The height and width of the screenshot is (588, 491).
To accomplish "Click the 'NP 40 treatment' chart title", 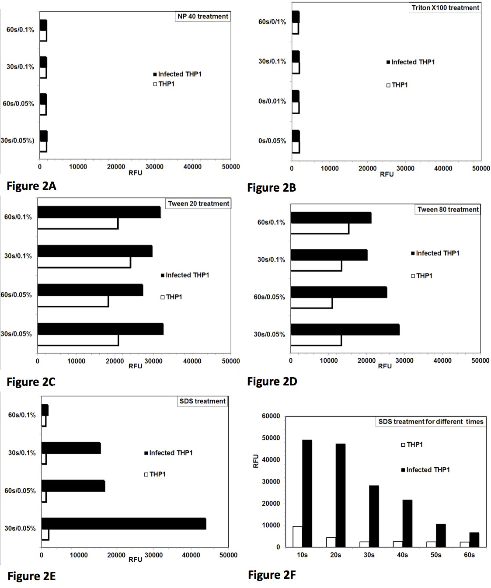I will (x=203, y=17).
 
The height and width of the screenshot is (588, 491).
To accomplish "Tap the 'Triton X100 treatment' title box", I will (x=445, y=8).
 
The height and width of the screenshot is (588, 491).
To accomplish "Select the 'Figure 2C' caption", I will (x=31, y=382).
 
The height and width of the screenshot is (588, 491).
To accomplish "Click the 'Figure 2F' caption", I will (x=272, y=575).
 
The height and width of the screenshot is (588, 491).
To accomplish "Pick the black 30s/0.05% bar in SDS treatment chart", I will (x=124, y=524).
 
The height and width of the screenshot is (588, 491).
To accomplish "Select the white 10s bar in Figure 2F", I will (x=297, y=536).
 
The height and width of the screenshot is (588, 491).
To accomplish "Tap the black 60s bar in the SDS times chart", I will (x=474, y=539).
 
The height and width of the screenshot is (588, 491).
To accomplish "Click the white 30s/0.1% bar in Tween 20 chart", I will (x=84, y=262).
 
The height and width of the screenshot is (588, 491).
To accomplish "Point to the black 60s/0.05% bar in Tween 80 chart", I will (x=339, y=292).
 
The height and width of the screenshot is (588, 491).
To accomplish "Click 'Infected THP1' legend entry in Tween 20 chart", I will (x=185, y=275).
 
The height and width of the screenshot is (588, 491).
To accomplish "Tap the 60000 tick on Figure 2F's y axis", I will (x=271, y=416).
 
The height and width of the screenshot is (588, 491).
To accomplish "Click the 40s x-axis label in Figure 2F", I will (x=402, y=555).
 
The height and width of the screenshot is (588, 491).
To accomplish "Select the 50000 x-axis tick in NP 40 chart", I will (x=231, y=167).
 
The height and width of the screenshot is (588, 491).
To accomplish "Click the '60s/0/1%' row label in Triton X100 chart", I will (x=272, y=22).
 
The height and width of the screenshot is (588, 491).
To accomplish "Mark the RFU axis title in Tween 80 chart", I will (x=385, y=366).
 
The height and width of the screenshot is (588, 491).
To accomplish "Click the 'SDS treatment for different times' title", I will (x=431, y=422).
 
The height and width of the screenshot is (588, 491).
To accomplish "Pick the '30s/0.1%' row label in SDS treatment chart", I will (x=22, y=453).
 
